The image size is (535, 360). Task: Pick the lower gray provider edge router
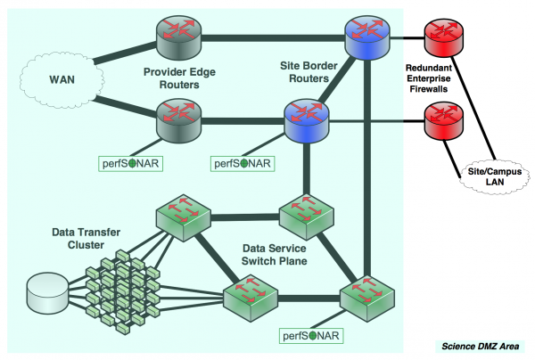click(x=178, y=119)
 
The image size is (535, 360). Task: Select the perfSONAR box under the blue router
click(x=243, y=163)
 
